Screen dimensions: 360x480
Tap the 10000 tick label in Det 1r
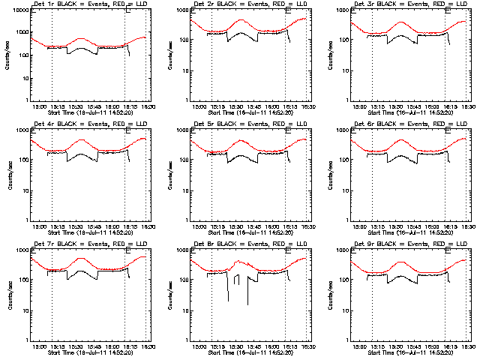tap(19, 10)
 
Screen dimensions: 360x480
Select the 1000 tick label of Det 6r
tap(343, 130)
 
